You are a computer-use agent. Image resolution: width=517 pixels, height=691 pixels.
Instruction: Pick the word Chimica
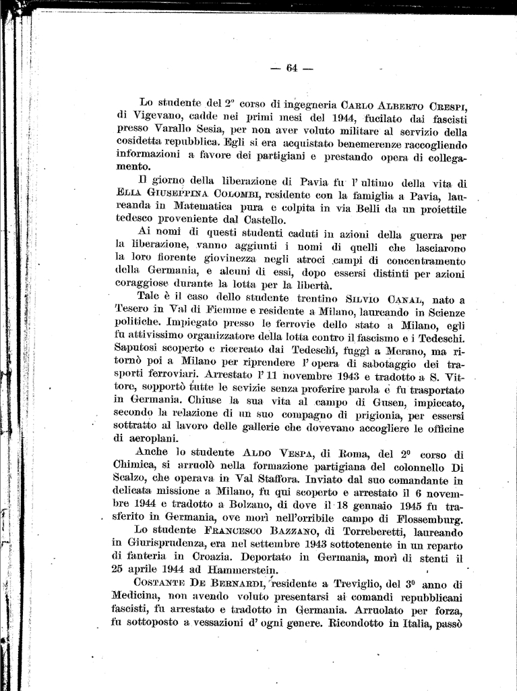133,466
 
